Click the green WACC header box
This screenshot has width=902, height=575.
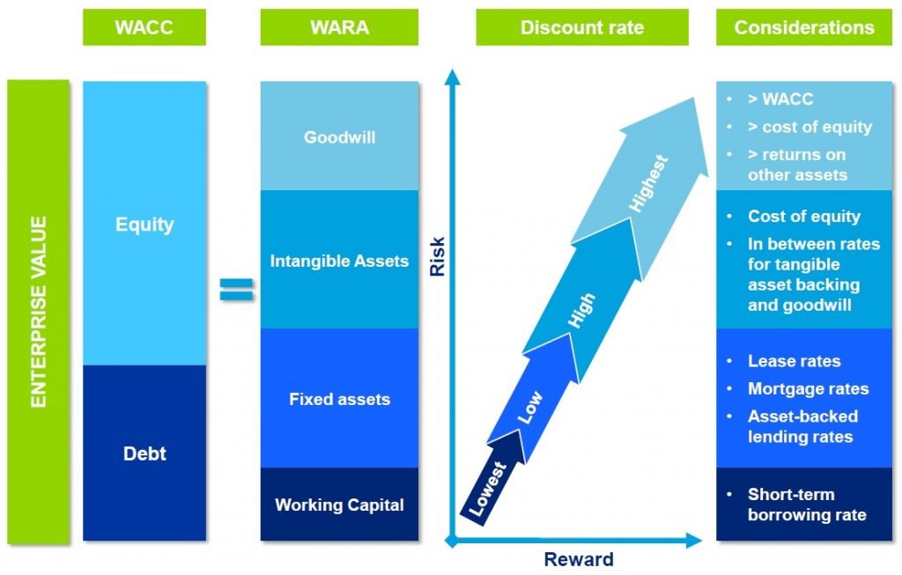(x=144, y=27)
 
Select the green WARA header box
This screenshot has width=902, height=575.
(x=339, y=27)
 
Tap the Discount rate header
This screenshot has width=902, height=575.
(x=581, y=27)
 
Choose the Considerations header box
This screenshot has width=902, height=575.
(x=804, y=27)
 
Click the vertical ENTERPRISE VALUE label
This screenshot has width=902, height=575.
(x=38, y=313)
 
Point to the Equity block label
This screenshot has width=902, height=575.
(x=144, y=225)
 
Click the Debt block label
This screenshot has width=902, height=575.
(x=144, y=454)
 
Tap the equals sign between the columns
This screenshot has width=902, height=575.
(x=235, y=289)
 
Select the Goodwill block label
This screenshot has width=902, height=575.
(x=339, y=137)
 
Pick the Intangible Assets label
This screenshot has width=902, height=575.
(x=339, y=261)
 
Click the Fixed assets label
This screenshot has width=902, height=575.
(x=339, y=399)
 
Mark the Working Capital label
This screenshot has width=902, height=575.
(x=339, y=505)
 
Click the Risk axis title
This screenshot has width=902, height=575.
(x=437, y=256)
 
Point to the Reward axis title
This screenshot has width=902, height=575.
(x=578, y=559)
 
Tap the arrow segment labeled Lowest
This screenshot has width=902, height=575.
(x=488, y=489)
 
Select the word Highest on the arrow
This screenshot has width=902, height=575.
(x=649, y=183)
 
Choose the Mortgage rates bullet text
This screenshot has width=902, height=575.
(x=808, y=388)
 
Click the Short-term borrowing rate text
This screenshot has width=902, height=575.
(x=806, y=505)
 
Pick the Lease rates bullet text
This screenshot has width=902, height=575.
(x=794, y=361)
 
